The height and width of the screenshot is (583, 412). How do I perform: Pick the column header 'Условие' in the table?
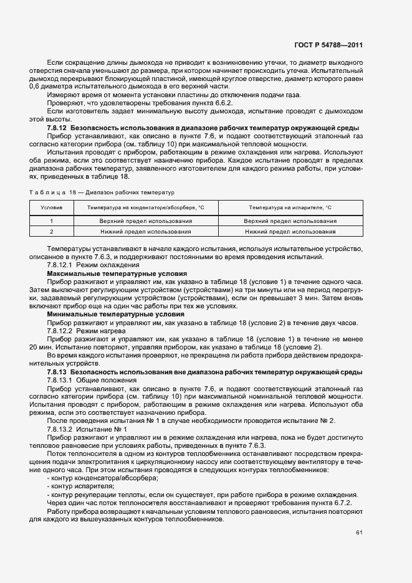click(51, 207)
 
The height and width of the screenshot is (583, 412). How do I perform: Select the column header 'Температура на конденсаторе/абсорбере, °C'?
click(145, 207)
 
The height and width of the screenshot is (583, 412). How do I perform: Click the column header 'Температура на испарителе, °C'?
click(290, 207)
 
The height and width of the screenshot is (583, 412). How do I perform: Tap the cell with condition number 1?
click(51, 221)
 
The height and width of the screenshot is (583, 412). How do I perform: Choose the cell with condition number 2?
click(51, 231)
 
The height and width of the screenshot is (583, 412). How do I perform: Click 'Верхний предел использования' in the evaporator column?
click(290, 221)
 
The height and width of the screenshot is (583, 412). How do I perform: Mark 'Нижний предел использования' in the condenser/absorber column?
click(145, 231)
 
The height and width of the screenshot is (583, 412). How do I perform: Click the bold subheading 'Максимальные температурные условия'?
click(103, 273)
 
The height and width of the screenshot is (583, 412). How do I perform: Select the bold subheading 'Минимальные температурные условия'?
click(102, 314)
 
